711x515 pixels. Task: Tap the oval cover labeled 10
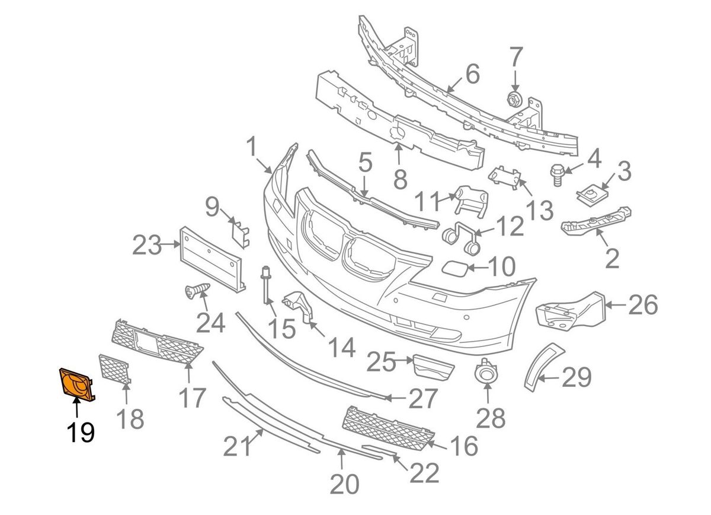click(x=455, y=268)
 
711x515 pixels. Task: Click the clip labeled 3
click(x=590, y=192)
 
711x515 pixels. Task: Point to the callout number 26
click(x=643, y=306)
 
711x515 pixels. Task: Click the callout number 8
click(x=400, y=177)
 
